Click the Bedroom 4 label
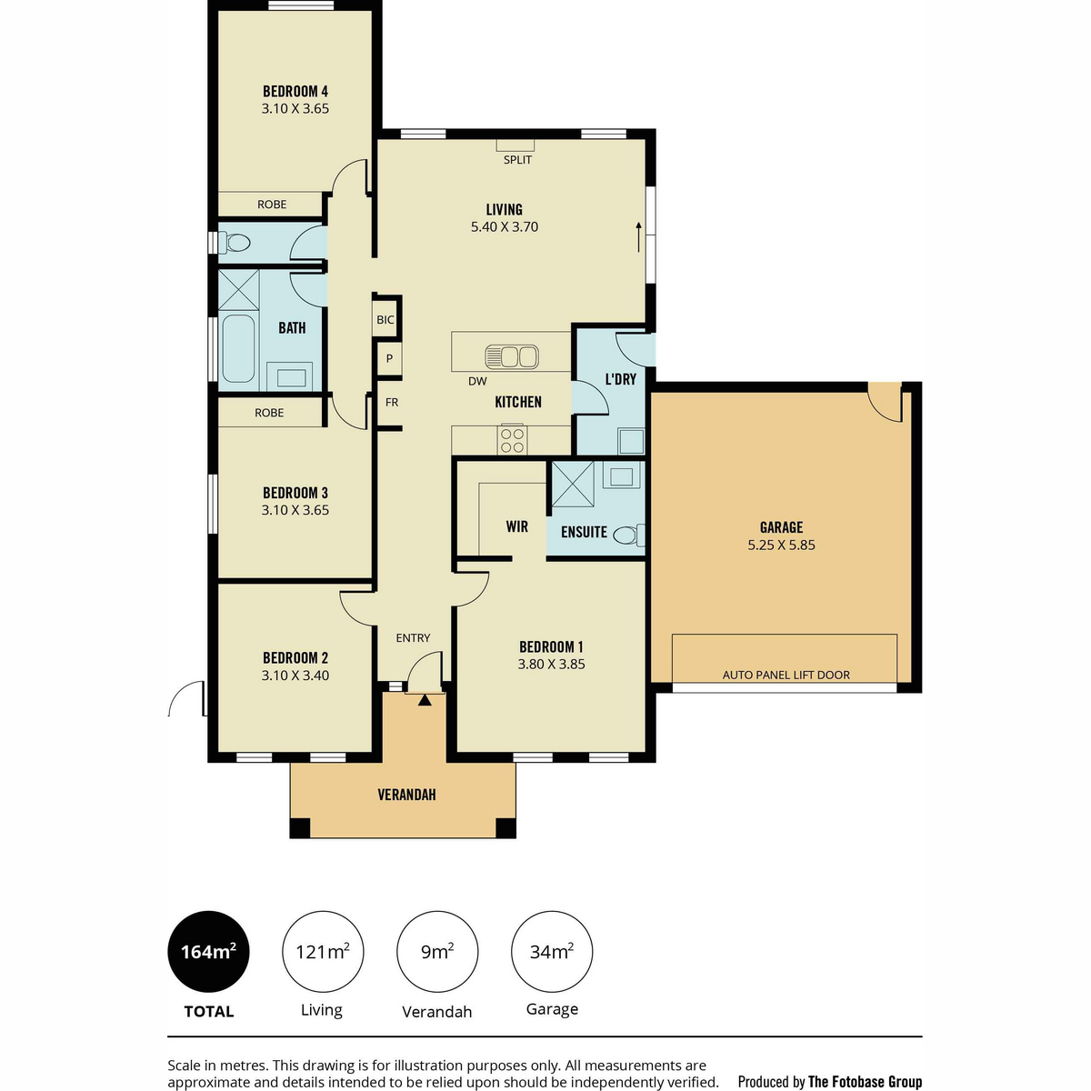click(x=295, y=91)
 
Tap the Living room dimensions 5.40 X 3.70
click(x=504, y=227)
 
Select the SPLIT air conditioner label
click(x=517, y=160)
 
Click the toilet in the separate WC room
click(x=235, y=244)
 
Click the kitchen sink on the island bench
click(x=511, y=356)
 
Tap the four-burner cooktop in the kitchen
click(x=512, y=440)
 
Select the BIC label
click(x=385, y=320)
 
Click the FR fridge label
click(x=391, y=403)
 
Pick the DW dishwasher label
click(x=476, y=382)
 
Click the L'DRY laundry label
click(x=621, y=379)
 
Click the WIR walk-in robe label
click(x=516, y=526)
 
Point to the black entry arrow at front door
click(x=425, y=700)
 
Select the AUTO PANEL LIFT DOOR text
click(x=786, y=675)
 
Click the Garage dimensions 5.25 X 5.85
click(x=781, y=545)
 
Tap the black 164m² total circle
click(x=208, y=952)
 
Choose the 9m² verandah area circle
click(x=437, y=952)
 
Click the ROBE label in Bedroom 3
click(x=269, y=413)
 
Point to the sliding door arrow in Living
click(x=638, y=236)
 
